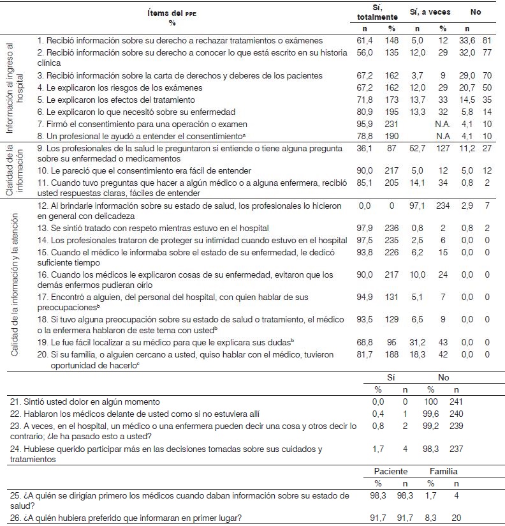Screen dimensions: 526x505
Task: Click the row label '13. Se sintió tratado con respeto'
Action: (x=144, y=228)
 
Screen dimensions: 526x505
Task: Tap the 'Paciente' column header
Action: (x=391, y=472)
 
